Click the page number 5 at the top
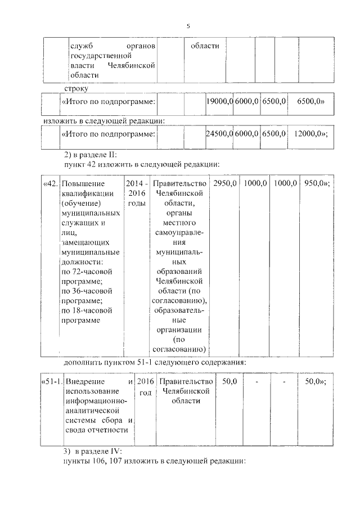(188, 26)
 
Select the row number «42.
(49, 184)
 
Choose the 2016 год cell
(145, 387)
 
